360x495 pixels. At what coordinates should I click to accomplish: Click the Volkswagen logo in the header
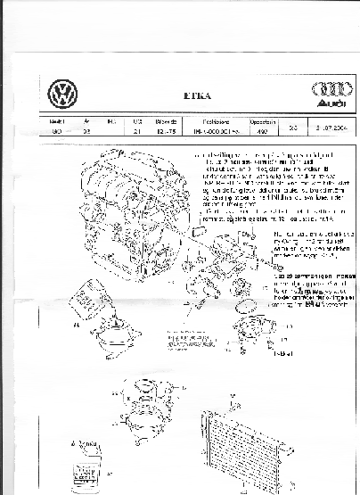[61, 94]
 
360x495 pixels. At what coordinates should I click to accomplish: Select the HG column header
[111, 120]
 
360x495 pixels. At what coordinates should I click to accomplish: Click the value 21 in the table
[136, 130]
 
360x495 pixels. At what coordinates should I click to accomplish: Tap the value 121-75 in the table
[165, 130]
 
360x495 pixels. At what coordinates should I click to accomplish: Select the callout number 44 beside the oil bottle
[77, 326]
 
